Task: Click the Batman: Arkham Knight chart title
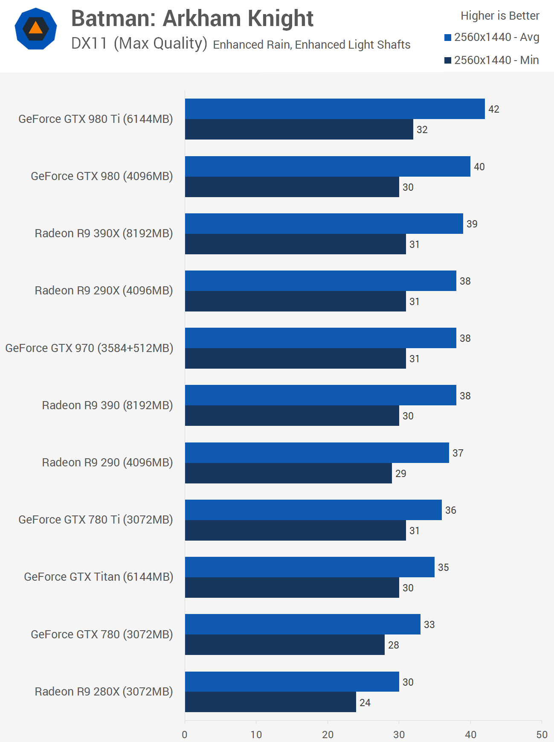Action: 192,19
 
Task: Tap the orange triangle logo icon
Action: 36,28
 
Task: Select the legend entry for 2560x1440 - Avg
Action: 492,38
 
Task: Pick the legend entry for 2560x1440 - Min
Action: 492,60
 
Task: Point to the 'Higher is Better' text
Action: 500,16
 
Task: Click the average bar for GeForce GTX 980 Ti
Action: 335,109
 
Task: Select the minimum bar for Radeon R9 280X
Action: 270,702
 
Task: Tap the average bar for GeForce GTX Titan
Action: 310,567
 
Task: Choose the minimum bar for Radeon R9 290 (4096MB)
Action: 288,473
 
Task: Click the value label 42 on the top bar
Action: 494,109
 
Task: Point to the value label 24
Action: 365,703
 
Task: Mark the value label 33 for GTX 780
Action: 429,625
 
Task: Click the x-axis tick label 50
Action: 542,734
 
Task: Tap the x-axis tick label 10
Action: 256,734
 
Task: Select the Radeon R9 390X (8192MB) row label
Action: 104,233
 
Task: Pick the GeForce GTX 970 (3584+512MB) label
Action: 89,348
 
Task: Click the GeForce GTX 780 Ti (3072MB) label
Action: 96,520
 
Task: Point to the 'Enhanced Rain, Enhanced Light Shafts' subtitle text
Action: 311,45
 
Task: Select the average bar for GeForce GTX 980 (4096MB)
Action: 328,166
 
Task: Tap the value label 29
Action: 401,474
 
